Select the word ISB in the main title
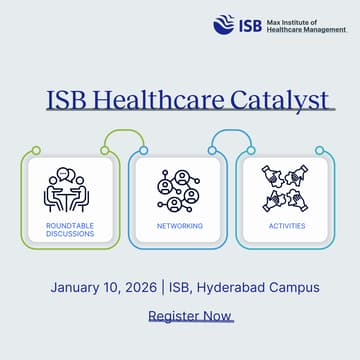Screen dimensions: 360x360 (x=67, y=100)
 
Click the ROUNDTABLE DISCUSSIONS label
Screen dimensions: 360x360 (x=70, y=230)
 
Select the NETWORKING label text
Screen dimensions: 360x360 (x=180, y=226)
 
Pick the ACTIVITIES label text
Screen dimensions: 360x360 (x=287, y=226)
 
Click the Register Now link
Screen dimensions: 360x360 (x=190, y=316)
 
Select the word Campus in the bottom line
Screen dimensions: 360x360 (x=295, y=287)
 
